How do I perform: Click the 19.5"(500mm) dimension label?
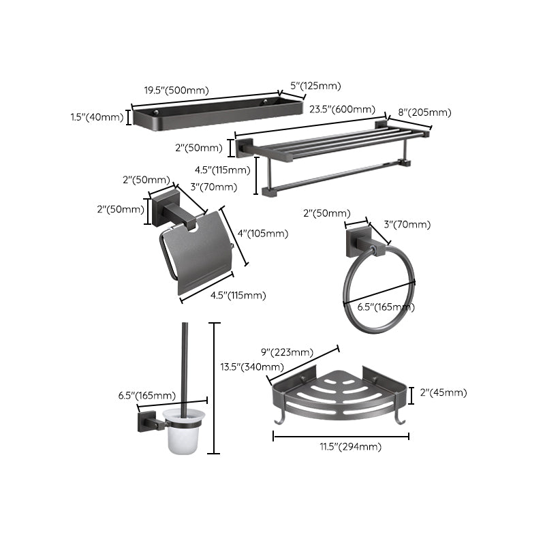(176, 90)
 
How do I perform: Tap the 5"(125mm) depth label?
(315, 86)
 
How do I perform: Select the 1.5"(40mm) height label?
(97, 117)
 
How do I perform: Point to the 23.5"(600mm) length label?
(342, 109)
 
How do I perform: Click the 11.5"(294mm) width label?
(341, 446)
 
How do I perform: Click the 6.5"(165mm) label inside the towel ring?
(386, 307)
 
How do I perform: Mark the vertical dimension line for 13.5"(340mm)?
(215, 388)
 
